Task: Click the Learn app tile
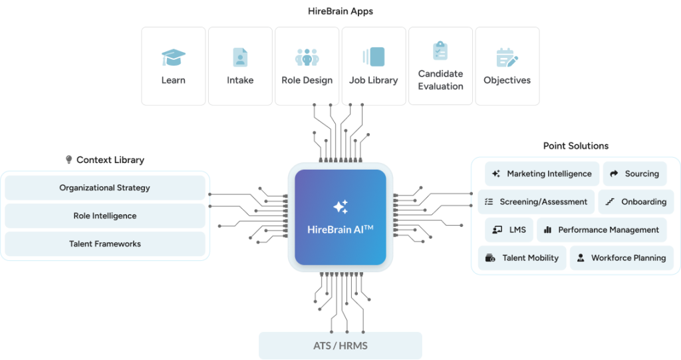[173, 66]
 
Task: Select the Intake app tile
[240, 66]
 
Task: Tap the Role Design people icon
[307, 57]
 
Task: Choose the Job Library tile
[374, 66]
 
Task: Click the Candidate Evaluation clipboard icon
[440, 51]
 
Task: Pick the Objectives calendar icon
[507, 58]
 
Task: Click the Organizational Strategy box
[105, 188]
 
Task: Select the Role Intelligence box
[105, 216]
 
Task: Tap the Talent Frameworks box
[105, 244]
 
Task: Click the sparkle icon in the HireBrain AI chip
[340, 208]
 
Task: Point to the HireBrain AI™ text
[340, 230]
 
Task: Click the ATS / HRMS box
[340, 346]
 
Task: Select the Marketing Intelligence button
[542, 174]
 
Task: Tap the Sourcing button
[634, 174]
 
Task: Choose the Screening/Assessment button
[536, 202]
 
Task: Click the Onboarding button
[636, 202]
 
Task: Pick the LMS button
[509, 230]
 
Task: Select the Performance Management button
[601, 230]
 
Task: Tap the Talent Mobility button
[522, 258]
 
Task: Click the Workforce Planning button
[621, 258]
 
